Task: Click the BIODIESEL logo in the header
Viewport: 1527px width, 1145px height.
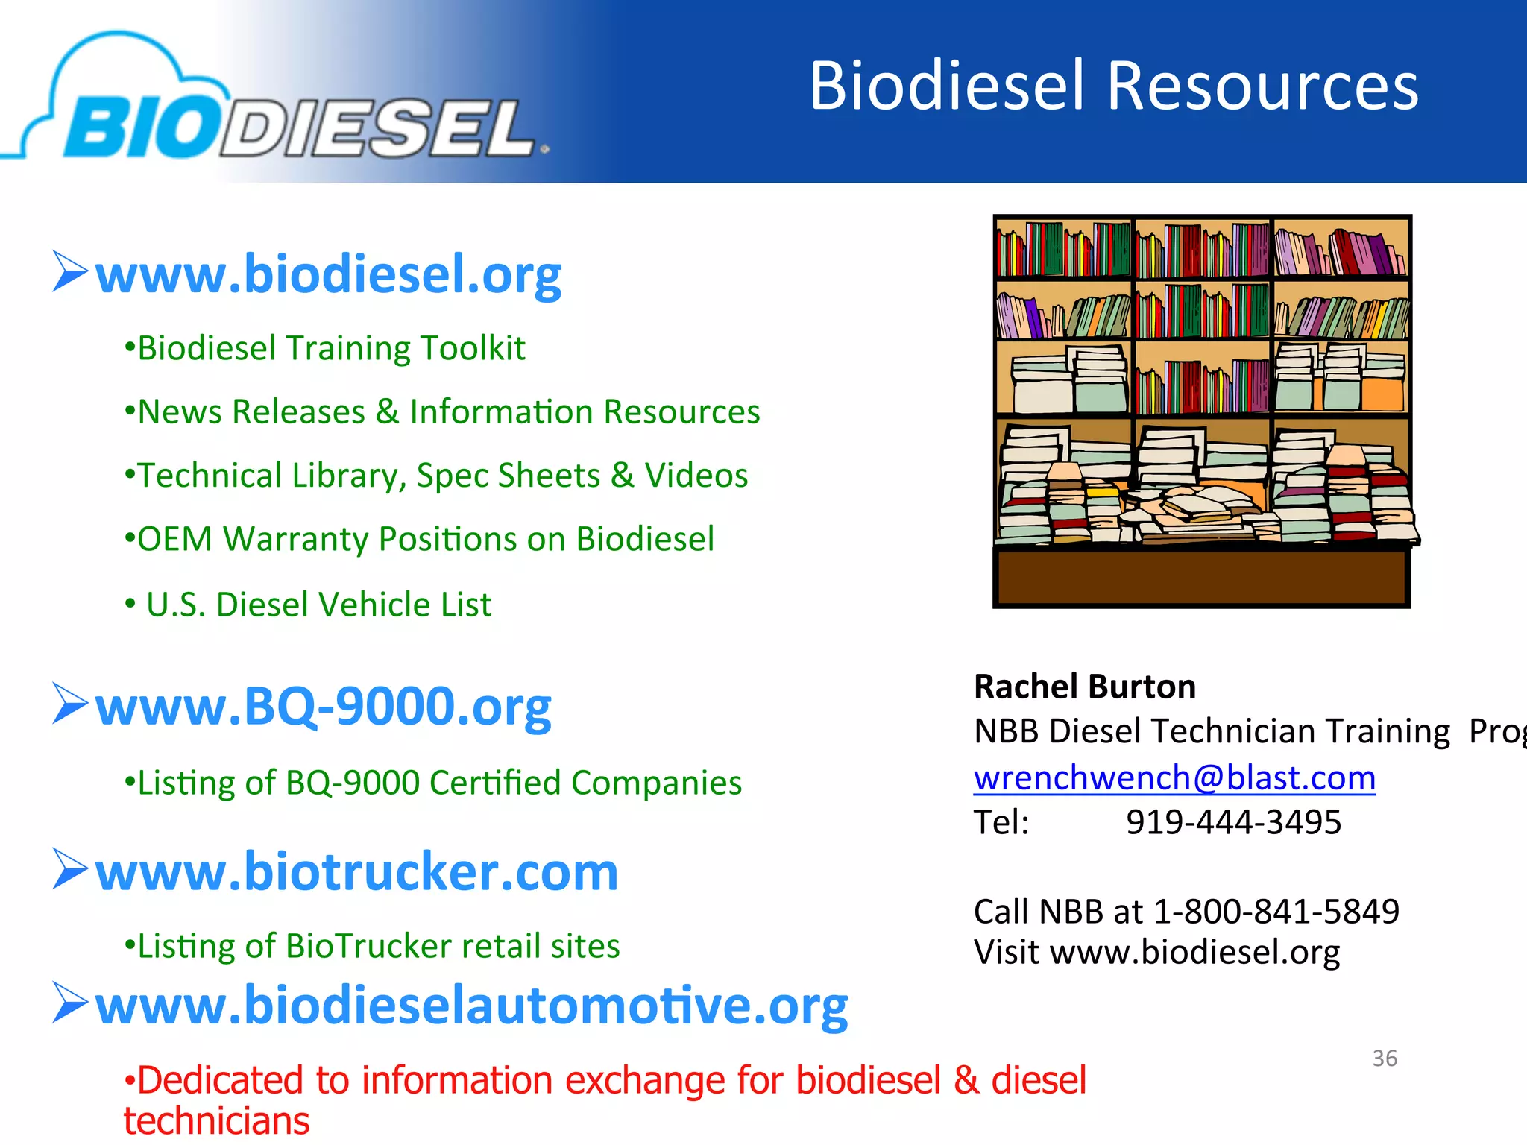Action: click(x=298, y=127)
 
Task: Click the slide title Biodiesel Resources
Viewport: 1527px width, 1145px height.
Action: click(x=1113, y=86)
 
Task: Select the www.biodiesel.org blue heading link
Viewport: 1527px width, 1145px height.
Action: click(x=328, y=274)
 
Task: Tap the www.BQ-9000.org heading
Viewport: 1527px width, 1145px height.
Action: click(x=323, y=706)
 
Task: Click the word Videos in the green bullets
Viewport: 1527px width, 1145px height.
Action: click(x=696, y=476)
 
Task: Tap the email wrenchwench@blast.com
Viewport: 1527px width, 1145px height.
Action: click(x=1174, y=777)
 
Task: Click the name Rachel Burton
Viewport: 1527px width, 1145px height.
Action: click(x=1085, y=687)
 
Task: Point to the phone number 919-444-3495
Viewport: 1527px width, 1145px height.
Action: click(x=1233, y=822)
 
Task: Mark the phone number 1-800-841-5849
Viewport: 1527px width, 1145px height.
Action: click(x=1276, y=911)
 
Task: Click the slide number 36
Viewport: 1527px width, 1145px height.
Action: click(x=1385, y=1058)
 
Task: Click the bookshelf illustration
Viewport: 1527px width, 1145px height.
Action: click(x=1202, y=410)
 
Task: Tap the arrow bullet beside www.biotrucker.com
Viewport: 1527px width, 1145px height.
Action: click(x=70, y=869)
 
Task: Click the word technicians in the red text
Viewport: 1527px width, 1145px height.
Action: click(x=216, y=1121)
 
